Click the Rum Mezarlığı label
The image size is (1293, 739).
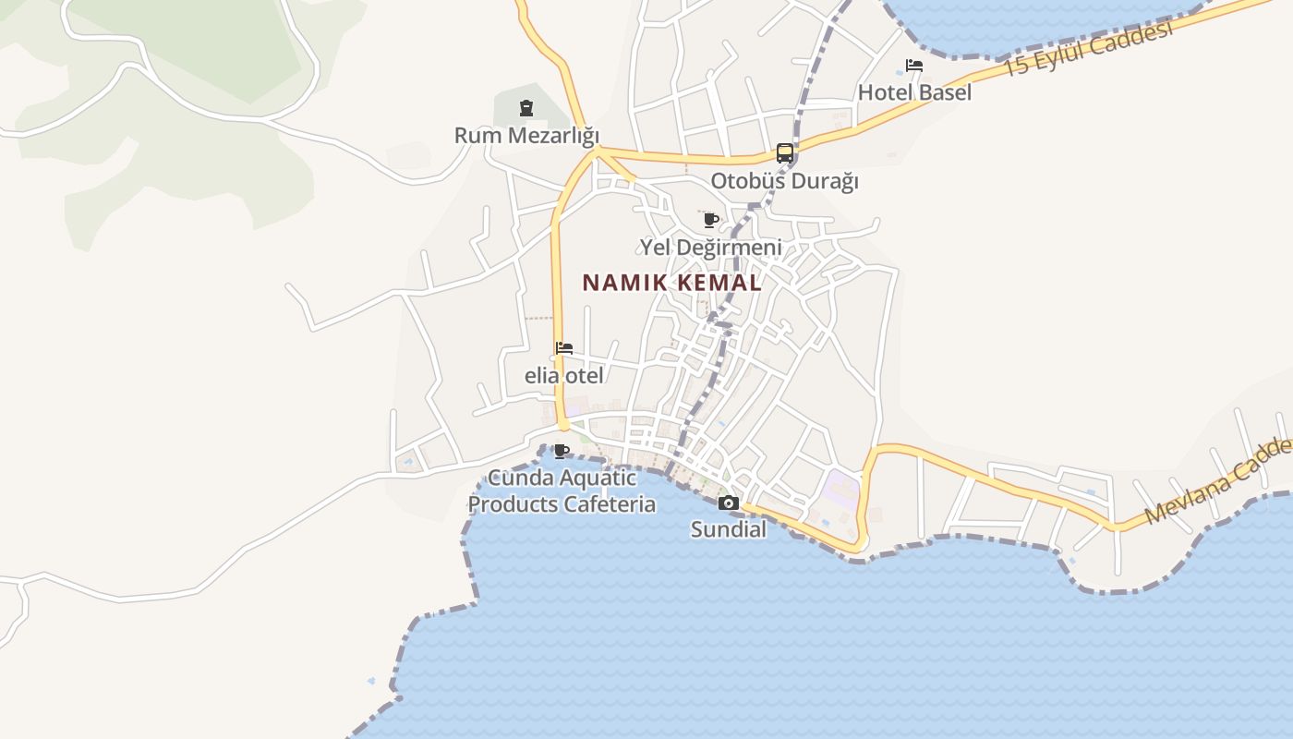[526, 136]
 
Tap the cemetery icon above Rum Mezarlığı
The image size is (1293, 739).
[526, 108]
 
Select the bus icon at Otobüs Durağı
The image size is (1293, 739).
[784, 153]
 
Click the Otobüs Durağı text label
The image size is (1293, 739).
[784, 181]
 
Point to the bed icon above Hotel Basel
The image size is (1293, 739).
[914, 66]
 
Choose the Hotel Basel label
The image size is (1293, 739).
[914, 92]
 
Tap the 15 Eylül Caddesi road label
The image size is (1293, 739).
[1087, 49]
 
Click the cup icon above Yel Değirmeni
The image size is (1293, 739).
[710, 220]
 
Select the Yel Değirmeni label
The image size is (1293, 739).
[710, 248]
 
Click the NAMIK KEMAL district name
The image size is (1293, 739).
[672, 283]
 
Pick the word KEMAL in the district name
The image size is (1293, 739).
[719, 283]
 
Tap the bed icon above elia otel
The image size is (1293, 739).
[564, 348]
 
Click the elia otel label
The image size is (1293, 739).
[564, 376]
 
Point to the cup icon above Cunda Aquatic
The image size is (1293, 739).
[561, 451]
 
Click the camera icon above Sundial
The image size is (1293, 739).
[729, 503]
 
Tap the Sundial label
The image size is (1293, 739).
[729, 530]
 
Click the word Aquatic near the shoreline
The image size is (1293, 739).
[599, 479]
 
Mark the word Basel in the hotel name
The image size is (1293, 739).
[943, 92]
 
